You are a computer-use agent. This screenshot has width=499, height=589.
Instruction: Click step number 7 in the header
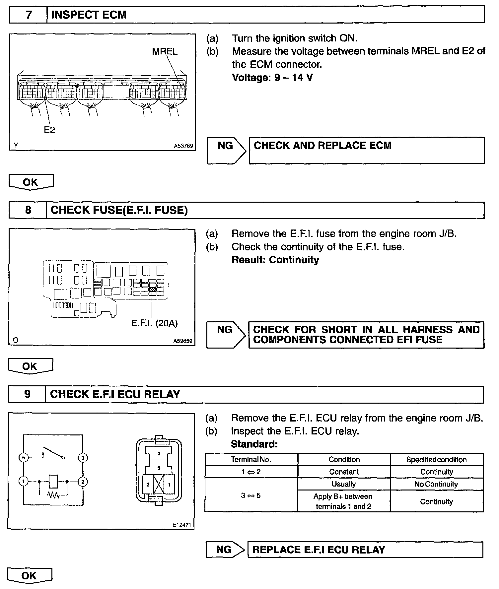(29, 15)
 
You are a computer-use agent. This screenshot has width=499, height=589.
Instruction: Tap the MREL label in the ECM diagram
(165, 51)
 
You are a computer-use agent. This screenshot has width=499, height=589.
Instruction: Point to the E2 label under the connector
(49, 130)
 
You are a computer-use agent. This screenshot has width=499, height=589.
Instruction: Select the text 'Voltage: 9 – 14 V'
(272, 78)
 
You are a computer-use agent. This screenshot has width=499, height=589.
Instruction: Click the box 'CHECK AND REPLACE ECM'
(366, 150)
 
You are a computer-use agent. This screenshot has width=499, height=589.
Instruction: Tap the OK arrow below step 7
(31, 182)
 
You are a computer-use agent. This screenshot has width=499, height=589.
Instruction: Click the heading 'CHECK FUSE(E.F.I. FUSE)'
(119, 210)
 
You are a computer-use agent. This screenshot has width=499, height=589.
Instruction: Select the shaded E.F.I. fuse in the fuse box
(153, 290)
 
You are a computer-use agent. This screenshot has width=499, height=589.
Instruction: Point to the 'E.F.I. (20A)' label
(154, 323)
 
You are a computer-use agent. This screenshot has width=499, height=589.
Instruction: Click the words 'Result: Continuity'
(275, 260)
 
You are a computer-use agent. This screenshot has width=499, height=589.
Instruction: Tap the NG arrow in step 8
(226, 334)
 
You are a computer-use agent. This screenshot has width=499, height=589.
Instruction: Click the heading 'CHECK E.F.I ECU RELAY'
(115, 394)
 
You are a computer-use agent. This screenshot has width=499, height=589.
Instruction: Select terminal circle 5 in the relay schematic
(23, 458)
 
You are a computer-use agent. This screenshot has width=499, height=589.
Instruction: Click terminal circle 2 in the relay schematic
(83, 482)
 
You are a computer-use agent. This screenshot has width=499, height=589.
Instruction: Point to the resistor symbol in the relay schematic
(54, 495)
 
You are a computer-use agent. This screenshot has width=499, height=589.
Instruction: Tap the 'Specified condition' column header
(436, 459)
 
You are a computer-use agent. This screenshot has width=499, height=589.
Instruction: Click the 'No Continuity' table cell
(436, 484)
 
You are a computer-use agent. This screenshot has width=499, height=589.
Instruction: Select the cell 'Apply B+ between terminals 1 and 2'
(343, 501)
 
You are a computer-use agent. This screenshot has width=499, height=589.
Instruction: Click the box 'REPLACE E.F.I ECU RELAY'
(365, 550)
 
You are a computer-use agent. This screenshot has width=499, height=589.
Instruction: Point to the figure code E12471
(182, 525)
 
